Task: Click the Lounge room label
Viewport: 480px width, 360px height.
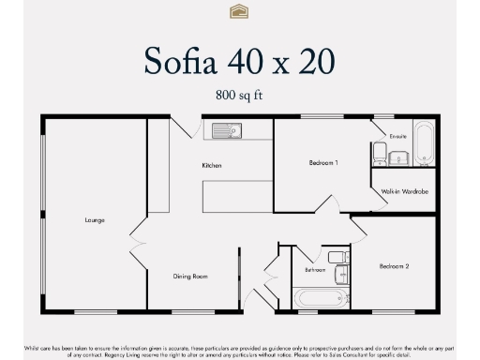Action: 95,220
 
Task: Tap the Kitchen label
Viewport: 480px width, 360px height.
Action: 212,166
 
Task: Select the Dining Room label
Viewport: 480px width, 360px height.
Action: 189,277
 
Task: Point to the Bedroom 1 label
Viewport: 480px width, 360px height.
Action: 323,163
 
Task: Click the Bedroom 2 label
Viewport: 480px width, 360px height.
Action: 394,266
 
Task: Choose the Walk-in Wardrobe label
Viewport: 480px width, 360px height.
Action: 405,191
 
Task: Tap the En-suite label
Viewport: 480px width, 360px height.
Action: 398,136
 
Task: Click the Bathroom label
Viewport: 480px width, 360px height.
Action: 315,270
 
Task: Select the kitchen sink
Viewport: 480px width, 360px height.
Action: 226,130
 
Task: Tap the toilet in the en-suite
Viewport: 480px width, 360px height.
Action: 381,153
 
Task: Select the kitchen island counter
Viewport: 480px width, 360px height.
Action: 236,194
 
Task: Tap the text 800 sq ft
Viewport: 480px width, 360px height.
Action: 239,95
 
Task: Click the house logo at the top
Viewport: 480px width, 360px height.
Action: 239,11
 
